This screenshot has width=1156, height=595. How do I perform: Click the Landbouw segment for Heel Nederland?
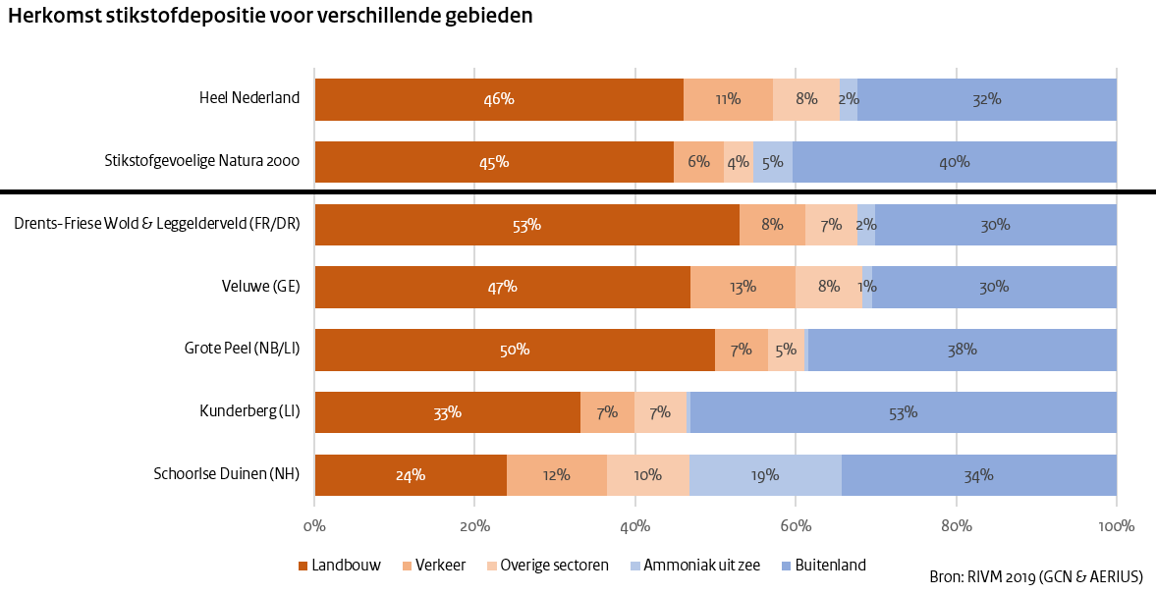pos(499,99)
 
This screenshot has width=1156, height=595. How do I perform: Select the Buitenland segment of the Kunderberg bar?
pos(903,412)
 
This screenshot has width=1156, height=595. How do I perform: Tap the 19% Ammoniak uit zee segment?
pos(765,475)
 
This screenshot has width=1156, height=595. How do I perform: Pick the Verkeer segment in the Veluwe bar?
pos(743,287)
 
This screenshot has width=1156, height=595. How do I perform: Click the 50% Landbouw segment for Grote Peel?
pos(515,350)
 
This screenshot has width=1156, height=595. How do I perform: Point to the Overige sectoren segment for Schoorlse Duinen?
pos(647,475)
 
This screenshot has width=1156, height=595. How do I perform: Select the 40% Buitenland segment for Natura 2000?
pos(954,162)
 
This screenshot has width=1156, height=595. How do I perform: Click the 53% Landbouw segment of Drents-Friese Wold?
pos(526,224)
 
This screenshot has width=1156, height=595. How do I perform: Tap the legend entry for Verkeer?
pos(433,566)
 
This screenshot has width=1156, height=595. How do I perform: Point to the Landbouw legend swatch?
pos(303,566)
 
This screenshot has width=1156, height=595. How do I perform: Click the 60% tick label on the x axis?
pos(796,526)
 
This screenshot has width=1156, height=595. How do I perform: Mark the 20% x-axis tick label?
pos(474,526)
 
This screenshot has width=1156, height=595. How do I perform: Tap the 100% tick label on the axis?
pos(1116,526)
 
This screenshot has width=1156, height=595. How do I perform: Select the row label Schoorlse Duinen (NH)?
pos(226,475)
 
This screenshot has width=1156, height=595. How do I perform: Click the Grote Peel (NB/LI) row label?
pos(242,350)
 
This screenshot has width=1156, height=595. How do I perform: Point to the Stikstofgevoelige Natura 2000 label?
pos(201,162)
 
